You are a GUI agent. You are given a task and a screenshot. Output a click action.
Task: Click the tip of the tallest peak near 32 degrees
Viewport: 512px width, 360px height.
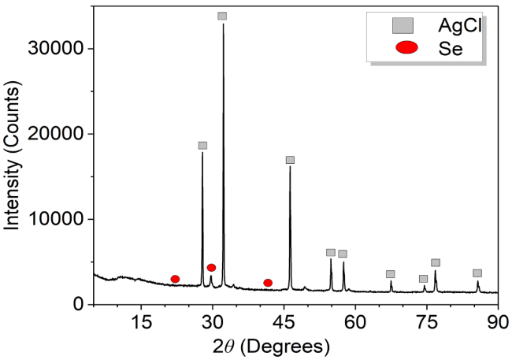click(223, 25)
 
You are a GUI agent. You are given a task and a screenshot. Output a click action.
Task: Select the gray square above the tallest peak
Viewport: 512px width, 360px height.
click(222, 16)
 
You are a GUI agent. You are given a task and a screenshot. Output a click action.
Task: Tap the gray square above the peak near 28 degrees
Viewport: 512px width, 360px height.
click(202, 146)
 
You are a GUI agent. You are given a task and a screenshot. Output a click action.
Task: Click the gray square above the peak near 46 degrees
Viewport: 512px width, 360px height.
click(290, 160)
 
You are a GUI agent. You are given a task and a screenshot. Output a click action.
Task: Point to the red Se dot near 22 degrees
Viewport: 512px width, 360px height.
click(175, 279)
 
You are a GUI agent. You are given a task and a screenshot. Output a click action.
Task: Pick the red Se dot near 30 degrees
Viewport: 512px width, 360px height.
click(211, 268)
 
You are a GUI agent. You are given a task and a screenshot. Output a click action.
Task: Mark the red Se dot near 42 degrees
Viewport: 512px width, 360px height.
click(268, 283)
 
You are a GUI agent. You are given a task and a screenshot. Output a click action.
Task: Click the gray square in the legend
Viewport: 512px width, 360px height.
click(403, 26)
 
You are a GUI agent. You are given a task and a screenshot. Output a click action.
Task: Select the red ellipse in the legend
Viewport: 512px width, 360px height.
click(406, 48)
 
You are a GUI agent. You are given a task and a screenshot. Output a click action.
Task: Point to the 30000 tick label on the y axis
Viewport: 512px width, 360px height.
click(61, 49)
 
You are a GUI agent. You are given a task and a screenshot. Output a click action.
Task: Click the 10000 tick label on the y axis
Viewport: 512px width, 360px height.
click(61, 219)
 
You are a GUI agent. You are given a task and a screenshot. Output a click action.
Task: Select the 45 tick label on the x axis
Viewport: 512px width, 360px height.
click(284, 321)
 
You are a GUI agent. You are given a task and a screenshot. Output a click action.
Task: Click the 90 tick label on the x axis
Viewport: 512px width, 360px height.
click(496, 321)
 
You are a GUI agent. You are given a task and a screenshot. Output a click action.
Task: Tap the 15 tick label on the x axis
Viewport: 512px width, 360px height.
click(141, 321)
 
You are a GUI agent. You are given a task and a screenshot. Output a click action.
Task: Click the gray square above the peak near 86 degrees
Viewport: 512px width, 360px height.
click(477, 273)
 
